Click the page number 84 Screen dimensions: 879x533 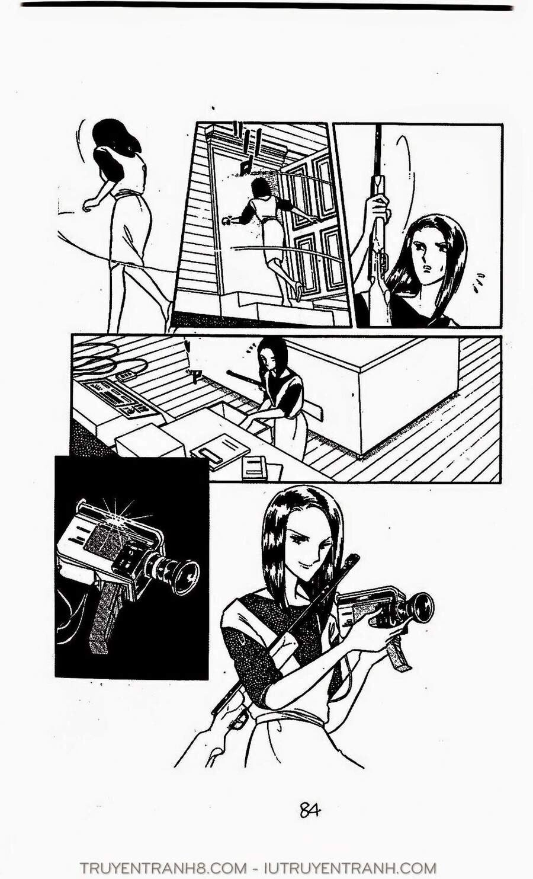310,810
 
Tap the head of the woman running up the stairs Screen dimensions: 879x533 261,188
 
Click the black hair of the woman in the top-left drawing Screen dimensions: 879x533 117,136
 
